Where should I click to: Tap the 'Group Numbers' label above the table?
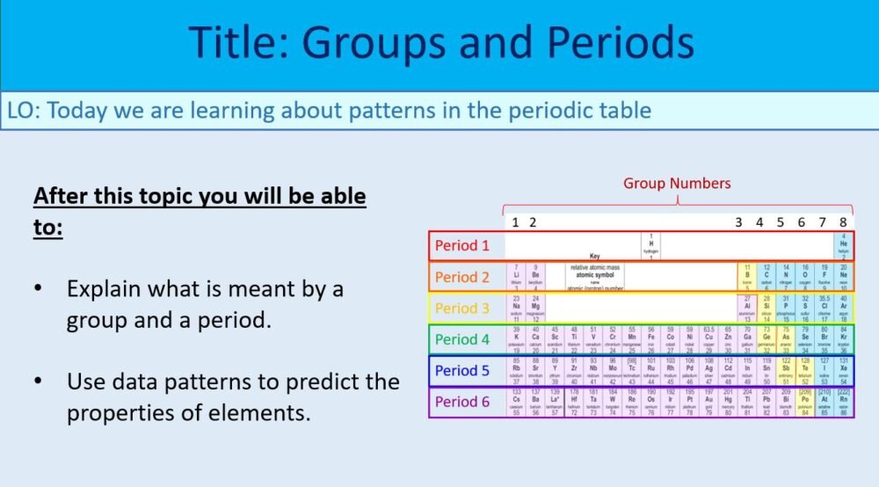click(677, 184)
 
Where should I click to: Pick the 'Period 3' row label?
click(463, 309)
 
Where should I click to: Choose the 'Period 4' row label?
click(463, 339)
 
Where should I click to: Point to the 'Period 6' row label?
click(463, 402)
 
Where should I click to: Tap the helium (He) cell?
click(843, 246)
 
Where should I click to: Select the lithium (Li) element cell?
click(516, 277)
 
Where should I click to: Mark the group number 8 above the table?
click(843, 222)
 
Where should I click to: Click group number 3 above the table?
click(739, 222)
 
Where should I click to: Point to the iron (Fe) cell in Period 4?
click(651, 339)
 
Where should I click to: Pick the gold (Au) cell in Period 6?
click(708, 402)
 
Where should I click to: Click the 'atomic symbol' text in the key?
click(595, 273)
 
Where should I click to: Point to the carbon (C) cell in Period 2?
click(766, 277)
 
